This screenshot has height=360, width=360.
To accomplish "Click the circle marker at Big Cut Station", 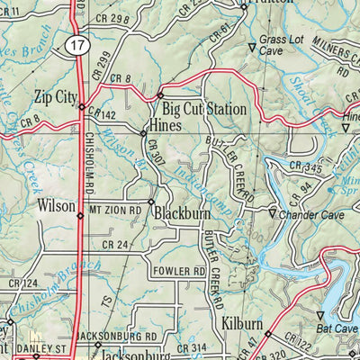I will pos(159,94).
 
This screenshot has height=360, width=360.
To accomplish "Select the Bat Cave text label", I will pos(339,328).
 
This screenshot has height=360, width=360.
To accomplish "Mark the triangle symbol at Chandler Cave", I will pos(272,213).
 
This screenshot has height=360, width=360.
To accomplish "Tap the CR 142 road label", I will pos(104,115).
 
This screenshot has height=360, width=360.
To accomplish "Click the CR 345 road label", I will pos(306,168).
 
